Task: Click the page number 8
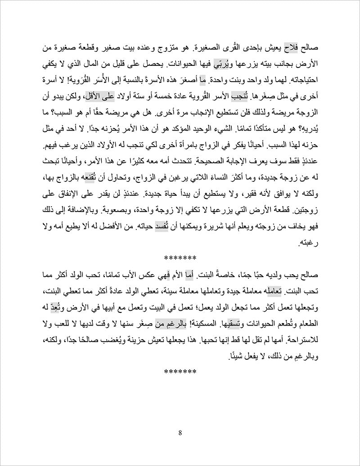(180, 434)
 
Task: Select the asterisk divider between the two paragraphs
(180, 258)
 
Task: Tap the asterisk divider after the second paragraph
(180, 372)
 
